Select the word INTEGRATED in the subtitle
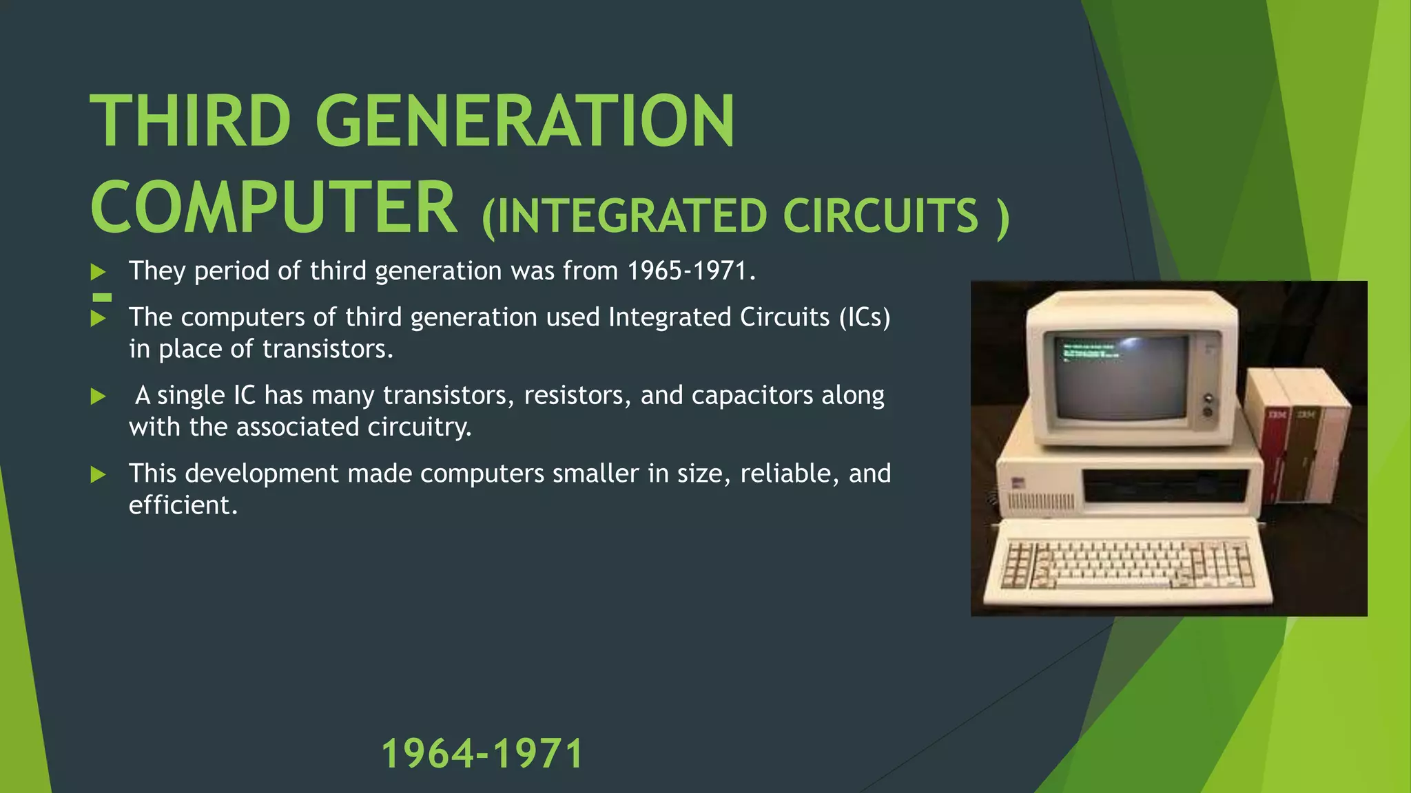pyautogui.click(x=630, y=216)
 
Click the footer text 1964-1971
pyautogui.click(x=482, y=753)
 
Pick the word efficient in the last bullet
pyautogui.click(x=183, y=505)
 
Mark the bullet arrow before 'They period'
pyautogui.click(x=99, y=272)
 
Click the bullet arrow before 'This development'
pyautogui.click(x=99, y=474)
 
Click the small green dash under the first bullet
pyautogui.click(x=102, y=297)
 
